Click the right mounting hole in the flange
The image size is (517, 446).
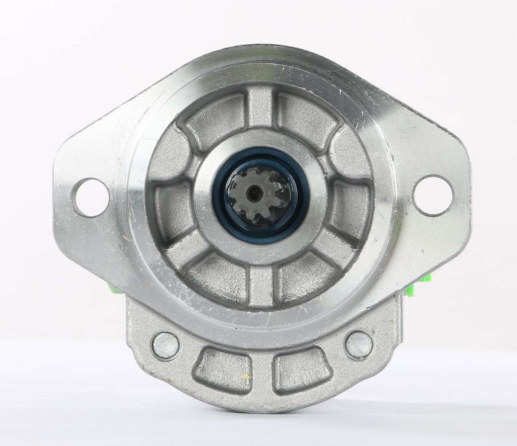click(433, 195)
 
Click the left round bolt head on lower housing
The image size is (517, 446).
click(165, 345)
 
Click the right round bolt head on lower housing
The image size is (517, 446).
click(359, 344)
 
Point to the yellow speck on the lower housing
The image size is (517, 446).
click(247, 376)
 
